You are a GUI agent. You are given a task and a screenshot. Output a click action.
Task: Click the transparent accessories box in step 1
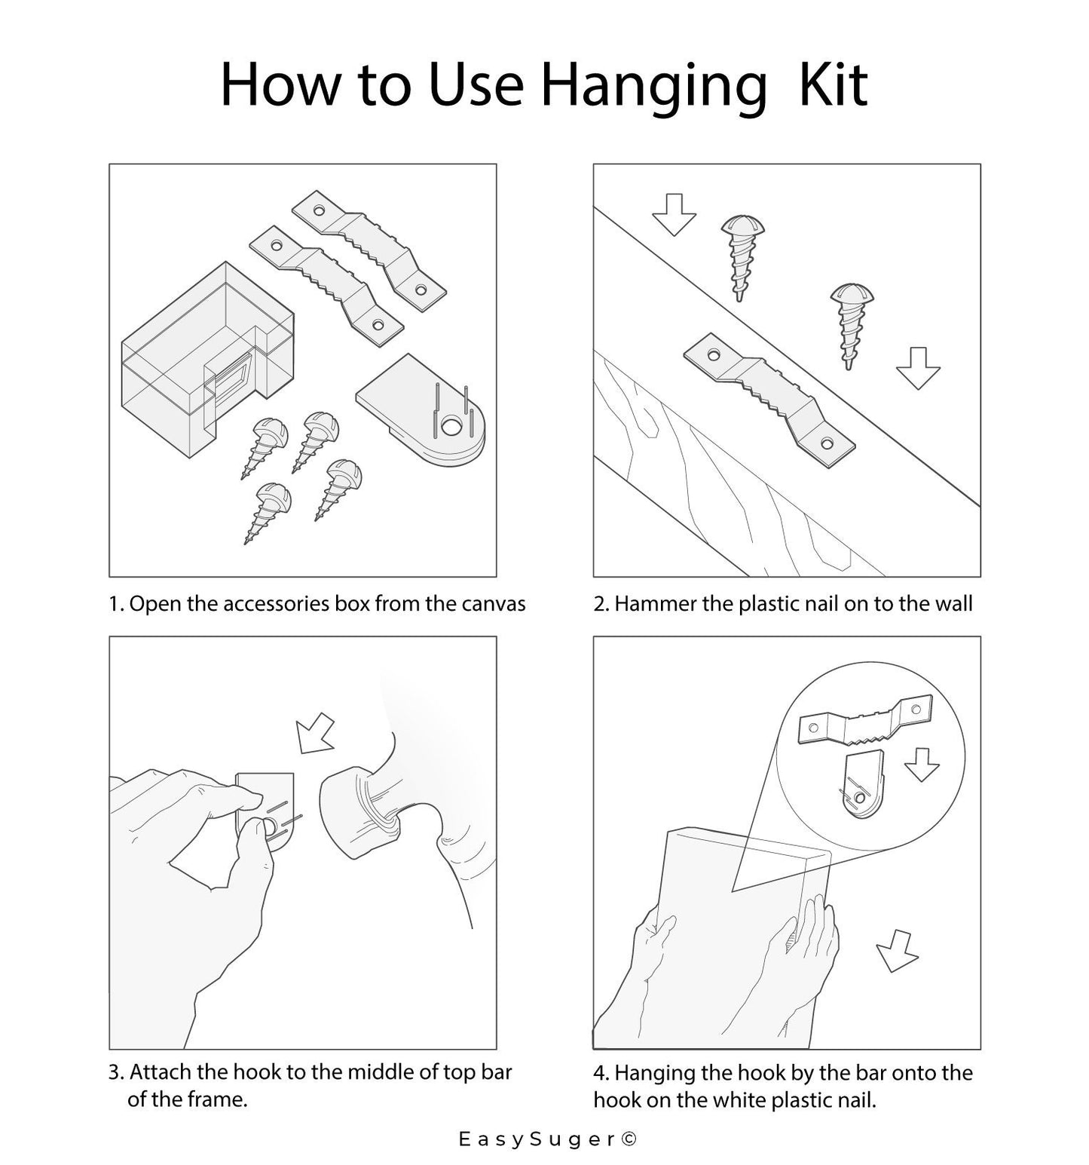[x=206, y=359]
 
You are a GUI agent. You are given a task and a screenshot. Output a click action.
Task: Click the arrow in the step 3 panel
[x=314, y=732]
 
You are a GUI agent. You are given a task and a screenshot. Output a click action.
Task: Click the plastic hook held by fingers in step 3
[x=265, y=809]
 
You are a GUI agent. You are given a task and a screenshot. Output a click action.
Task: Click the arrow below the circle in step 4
[x=896, y=950]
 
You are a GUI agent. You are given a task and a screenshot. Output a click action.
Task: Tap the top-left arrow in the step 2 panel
[x=674, y=215]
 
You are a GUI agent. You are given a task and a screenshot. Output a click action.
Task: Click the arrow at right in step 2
[x=918, y=368]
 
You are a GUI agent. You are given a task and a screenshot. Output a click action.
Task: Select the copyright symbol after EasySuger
[x=629, y=1139]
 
